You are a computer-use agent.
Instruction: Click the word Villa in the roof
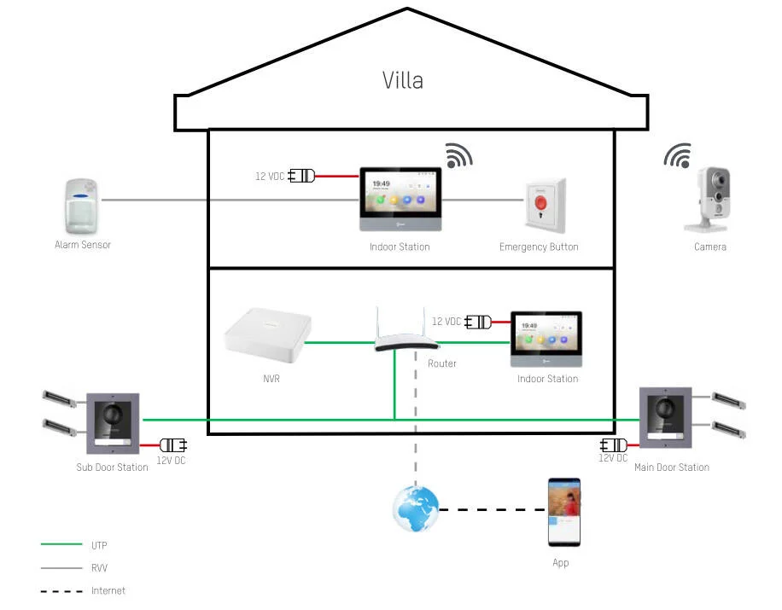point(402,80)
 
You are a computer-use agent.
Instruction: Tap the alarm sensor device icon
point(82,206)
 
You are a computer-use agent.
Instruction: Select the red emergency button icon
point(544,206)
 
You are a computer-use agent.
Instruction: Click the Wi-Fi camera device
point(710,200)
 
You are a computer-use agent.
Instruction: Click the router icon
point(406,333)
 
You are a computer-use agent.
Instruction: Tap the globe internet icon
point(415,510)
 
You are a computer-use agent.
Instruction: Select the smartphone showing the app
point(563,512)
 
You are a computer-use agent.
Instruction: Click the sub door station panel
point(113,423)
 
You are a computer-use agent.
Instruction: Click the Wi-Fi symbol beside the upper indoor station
point(458,155)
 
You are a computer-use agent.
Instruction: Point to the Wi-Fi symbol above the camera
point(678,156)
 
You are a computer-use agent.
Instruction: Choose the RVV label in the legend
point(99,567)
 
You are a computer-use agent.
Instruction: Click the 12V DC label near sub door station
point(171,461)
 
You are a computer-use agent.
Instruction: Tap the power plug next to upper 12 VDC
point(302,176)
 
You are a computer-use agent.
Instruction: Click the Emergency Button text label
point(539,247)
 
